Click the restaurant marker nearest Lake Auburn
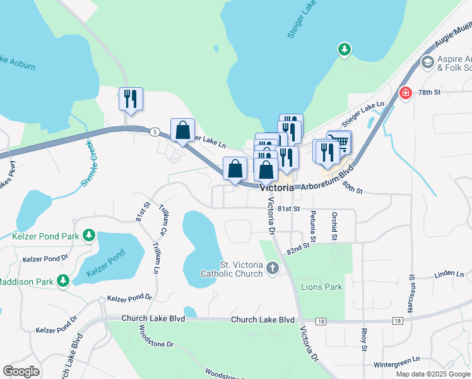coord(131,99)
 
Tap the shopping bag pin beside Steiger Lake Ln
coord(182,131)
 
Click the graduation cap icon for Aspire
coord(427,63)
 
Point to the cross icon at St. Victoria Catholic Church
coord(272,268)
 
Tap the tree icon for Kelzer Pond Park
coord(90,236)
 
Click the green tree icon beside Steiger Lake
coord(344,49)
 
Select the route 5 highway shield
coord(155,131)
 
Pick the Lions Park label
coord(322,287)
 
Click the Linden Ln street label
coord(449,275)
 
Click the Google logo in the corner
coord(21,371)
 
